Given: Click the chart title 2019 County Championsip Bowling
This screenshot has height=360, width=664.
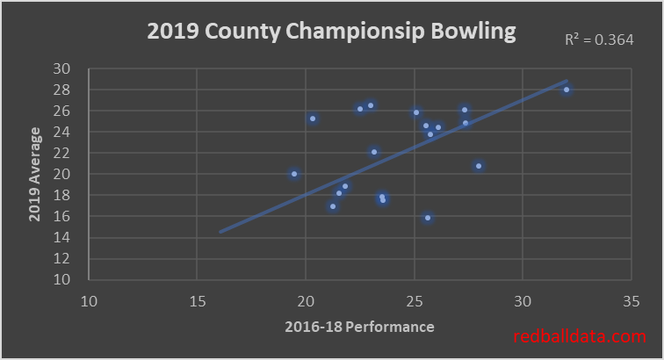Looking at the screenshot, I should point(331,32).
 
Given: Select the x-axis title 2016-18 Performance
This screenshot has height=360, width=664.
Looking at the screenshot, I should point(359,328).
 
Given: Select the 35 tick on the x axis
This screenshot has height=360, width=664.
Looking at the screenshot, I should point(631,301).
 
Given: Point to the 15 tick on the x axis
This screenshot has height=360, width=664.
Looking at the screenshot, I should point(197,301).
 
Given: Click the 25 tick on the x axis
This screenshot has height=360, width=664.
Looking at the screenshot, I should point(414,301).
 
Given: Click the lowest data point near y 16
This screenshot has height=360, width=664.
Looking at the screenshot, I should point(428,218).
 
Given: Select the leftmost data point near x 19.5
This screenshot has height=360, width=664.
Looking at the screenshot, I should point(294,174).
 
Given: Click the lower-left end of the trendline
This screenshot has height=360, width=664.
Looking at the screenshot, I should point(220,232).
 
